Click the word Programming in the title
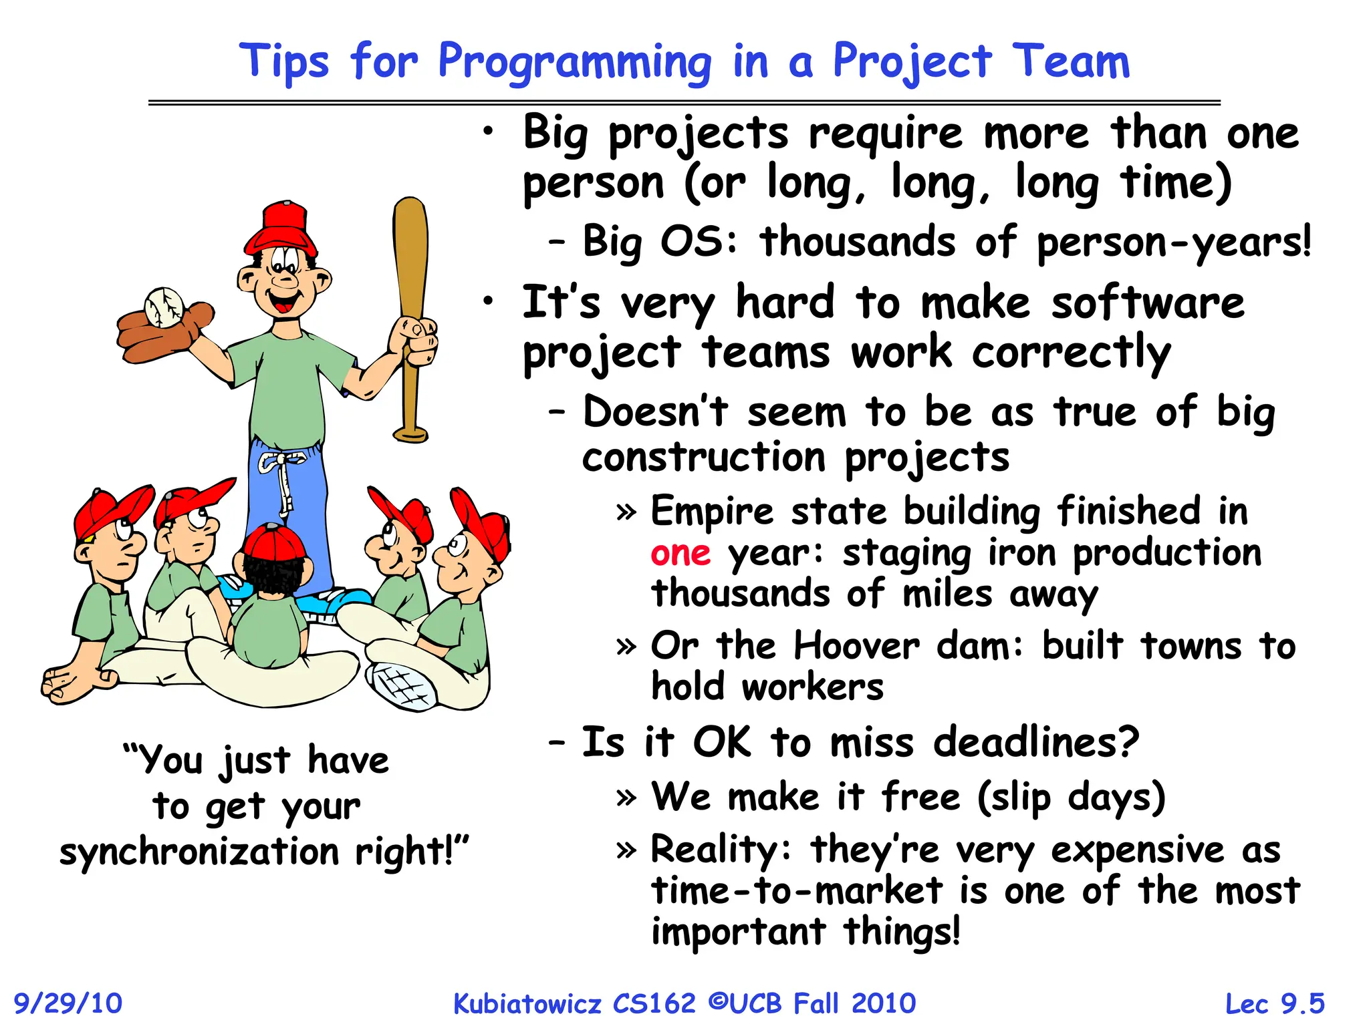tap(575, 62)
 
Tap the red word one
tap(680, 554)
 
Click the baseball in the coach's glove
tap(164, 307)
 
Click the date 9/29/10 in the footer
tap(68, 1003)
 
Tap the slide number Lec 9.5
tap(1274, 1003)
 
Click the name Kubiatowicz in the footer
tap(527, 1003)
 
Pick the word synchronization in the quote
tap(199, 852)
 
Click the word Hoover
tap(856, 647)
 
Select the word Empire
tap(712, 512)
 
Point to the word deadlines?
tap(1035, 742)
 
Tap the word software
tap(1148, 303)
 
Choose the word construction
tap(704, 458)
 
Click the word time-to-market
tap(797, 891)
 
